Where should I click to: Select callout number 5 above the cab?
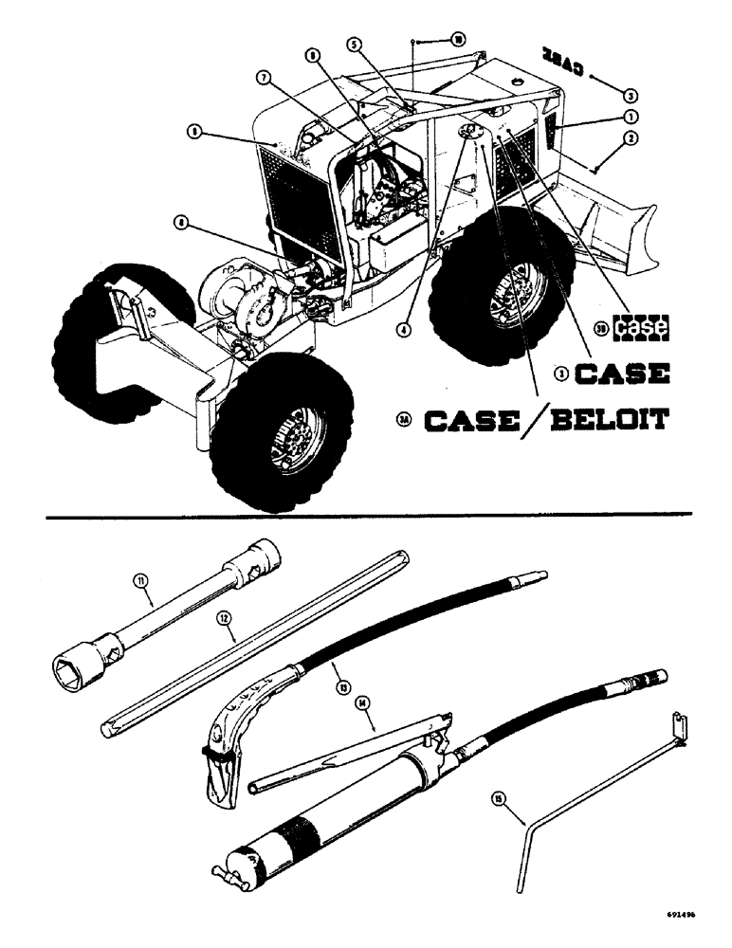352,44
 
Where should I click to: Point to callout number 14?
364,703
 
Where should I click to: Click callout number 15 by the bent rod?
499,799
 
